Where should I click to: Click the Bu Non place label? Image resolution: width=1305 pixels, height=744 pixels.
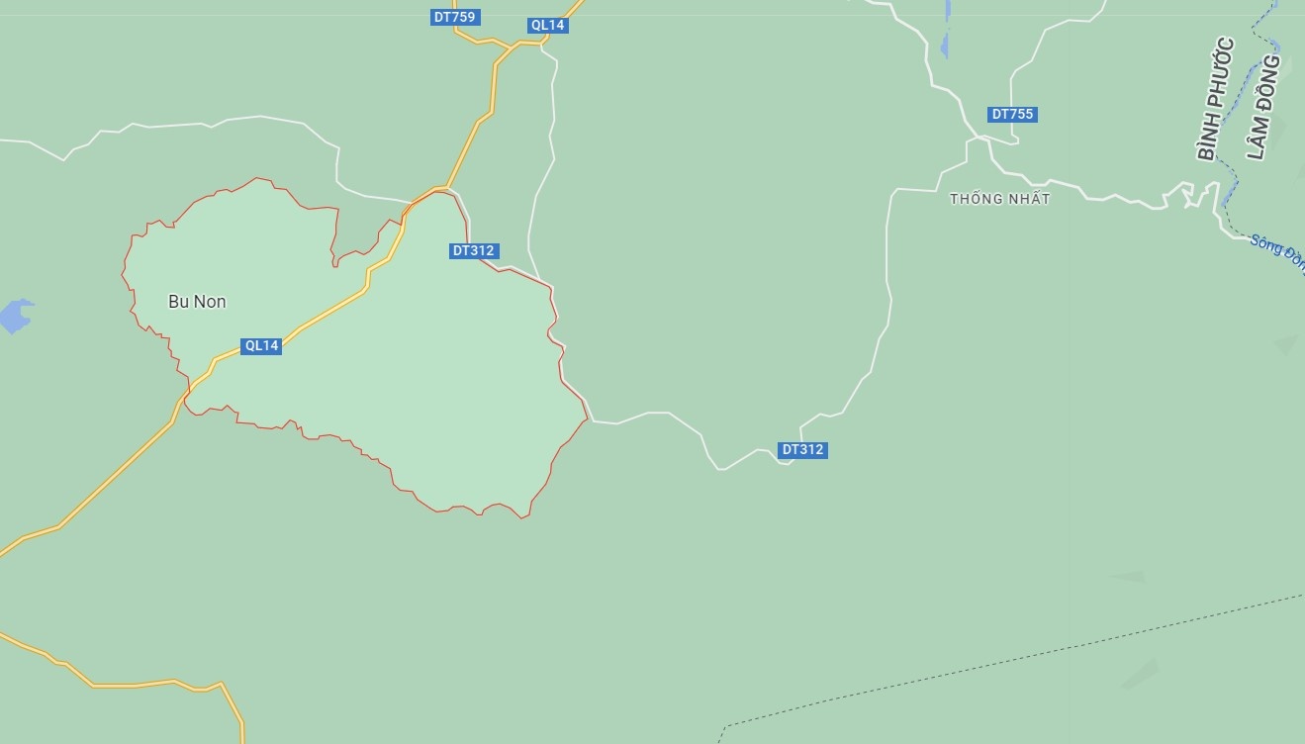click(197, 302)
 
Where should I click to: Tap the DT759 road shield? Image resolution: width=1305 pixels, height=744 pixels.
click(455, 17)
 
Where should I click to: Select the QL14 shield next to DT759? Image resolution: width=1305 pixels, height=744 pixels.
click(547, 26)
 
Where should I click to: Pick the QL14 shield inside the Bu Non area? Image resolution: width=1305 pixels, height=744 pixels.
click(261, 346)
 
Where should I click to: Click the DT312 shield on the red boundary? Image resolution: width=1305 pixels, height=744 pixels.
click(473, 251)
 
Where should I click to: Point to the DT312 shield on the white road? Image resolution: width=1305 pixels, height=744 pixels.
click(802, 450)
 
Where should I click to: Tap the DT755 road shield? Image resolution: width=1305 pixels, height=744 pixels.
click(1013, 115)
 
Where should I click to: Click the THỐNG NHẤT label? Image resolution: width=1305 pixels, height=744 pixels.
click(999, 199)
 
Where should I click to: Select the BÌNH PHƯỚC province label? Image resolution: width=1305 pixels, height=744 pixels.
click(1216, 99)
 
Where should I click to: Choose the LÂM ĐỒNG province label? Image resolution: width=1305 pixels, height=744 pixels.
click(1263, 107)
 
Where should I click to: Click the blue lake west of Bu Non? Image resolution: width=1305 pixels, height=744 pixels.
click(15, 316)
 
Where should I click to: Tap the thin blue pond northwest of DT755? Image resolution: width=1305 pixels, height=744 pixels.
click(946, 30)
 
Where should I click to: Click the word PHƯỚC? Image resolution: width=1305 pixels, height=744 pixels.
click(1221, 73)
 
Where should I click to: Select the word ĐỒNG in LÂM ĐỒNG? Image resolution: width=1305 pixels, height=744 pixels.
click(1269, 79)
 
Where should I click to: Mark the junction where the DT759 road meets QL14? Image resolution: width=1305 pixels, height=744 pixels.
click(512, 46)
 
